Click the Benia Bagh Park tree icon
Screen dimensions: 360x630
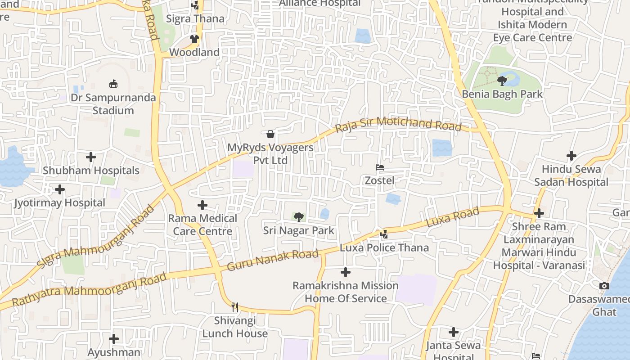[502, 81]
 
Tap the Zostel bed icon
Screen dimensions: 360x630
[380, 167]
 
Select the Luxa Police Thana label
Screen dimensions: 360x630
[384, 247]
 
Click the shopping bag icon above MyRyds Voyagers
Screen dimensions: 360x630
[270, 134]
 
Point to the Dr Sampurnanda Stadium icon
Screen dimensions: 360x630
[113, 84]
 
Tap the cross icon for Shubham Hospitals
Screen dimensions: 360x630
[91, 157]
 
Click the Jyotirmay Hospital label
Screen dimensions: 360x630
[59, 203]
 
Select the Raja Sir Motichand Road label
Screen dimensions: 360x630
[399, 124]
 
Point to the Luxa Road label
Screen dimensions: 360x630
[452, 217]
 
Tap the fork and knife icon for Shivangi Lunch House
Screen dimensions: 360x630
[234, 307]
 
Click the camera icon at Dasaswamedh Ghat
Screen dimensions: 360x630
[604, 286]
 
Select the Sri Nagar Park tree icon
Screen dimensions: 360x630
[298, 217]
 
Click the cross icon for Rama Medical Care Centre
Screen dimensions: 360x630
[202, 205]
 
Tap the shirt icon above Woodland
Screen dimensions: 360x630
[194, 39]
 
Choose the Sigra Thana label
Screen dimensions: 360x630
[195, 19]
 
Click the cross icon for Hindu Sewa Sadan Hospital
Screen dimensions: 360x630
[571, 156]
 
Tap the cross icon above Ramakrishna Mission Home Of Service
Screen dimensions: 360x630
[345, 272]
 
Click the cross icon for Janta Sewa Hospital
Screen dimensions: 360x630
[453, 332]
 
